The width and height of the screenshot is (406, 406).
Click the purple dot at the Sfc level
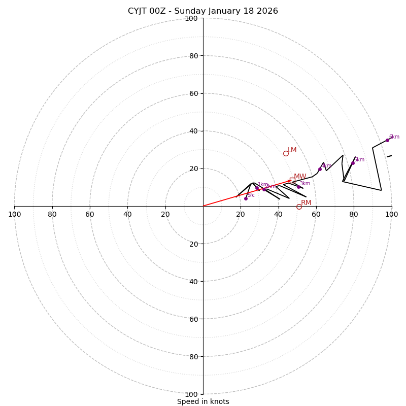click(x=246, y=198)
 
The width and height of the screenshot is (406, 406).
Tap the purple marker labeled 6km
click(x=387, y=140)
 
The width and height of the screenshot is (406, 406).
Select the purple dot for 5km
click(x=353, y=163)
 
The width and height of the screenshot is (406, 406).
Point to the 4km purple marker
click(x=320, y=169)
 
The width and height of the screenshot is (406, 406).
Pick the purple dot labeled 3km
click(x=298, y=187)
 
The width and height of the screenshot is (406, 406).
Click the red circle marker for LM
click(x=286, y=153)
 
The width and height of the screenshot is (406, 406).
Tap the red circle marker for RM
click(x=299, y=207)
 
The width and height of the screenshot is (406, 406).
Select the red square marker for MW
click(x=292, y=180)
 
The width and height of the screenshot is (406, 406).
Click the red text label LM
click(x=292, y=150)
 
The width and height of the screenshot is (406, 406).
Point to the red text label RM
click(x=306, y=203)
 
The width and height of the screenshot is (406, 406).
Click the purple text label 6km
click(x=394, y=137)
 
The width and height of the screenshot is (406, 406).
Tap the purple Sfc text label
click(x=251, y=195)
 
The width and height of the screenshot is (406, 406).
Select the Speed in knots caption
click(x=203, y=401)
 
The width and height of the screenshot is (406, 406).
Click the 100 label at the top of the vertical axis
click(x=191, y=18)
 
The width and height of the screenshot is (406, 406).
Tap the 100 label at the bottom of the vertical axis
click(x=191, y=394)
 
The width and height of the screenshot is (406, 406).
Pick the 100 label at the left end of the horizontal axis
click(x=14, y=214)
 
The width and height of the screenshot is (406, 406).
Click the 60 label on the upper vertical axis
click(x=193, y=93)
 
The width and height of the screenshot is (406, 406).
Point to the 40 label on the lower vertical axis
click(x=193, y=281)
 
